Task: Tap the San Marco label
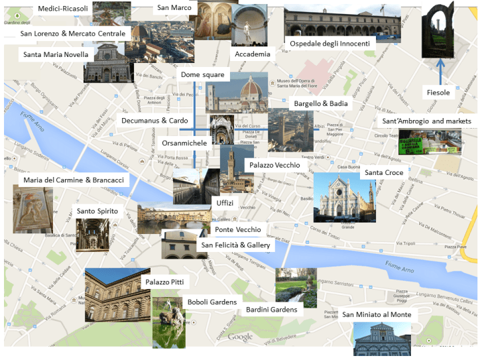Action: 174,8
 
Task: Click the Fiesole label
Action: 438,93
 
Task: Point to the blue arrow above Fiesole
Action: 439,71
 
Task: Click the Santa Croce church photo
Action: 344,197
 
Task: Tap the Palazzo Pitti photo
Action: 112,295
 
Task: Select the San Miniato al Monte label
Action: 377,314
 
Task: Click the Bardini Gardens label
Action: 271,309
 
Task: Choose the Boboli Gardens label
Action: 211,302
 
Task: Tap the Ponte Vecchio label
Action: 237,230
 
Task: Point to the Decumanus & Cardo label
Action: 154,121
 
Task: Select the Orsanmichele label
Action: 184,142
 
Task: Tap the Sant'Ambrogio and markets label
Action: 426,121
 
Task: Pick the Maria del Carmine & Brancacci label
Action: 74,180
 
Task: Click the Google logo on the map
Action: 240,337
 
